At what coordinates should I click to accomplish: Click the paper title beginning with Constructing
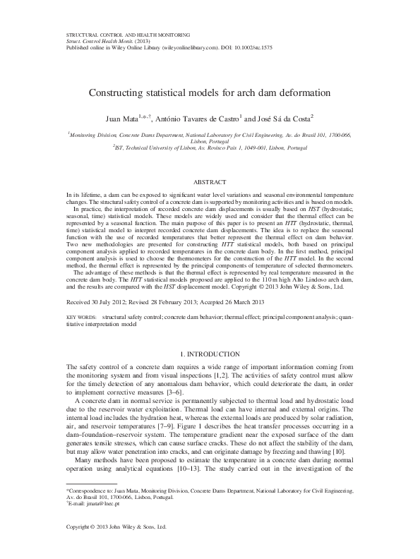tap(210, 92)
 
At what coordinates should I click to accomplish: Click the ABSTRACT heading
tap(210, 181)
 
